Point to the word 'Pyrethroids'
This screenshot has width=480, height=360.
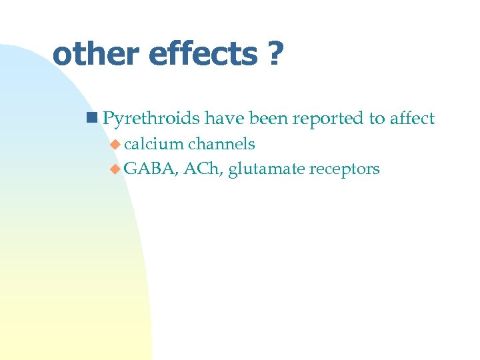(x=151, y=119)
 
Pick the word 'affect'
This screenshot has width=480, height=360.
(x=413, y=119)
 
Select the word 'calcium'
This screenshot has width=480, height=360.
(x=154, y=144)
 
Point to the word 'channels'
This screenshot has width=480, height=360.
(x=222, y=144)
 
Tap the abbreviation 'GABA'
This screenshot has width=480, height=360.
(x=149, y=169)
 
